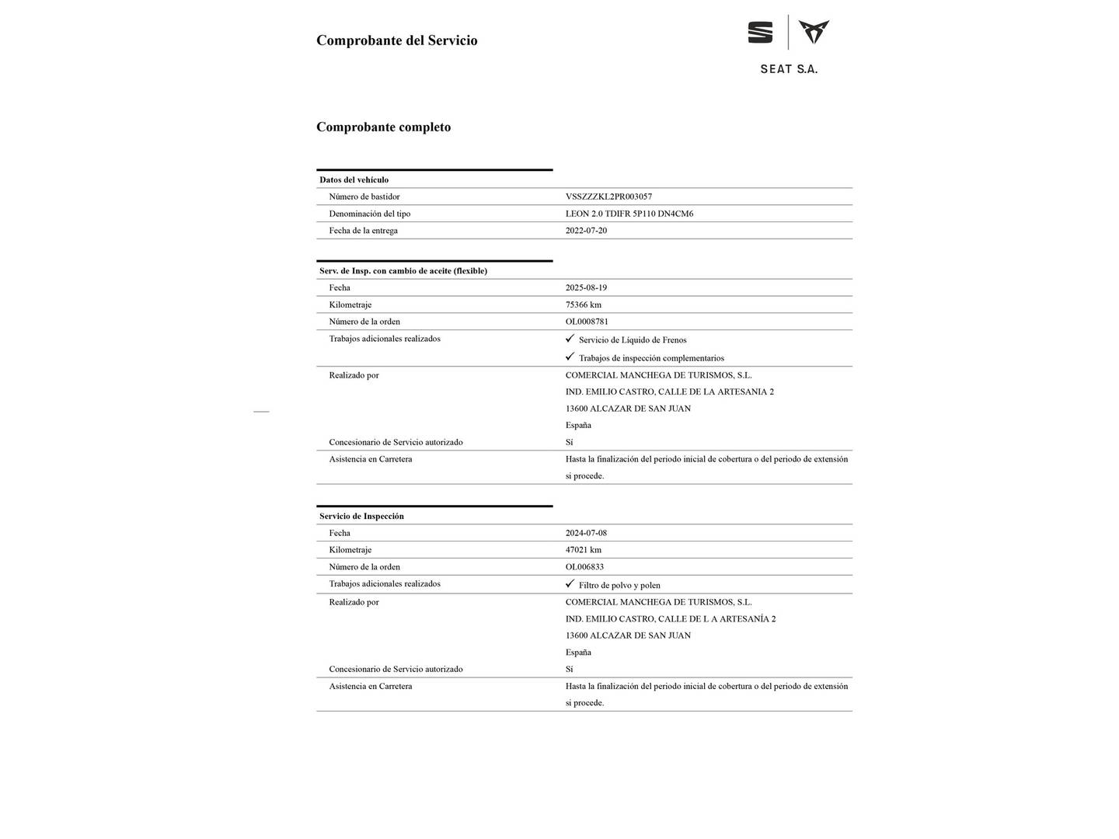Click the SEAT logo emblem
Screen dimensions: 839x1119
coord(760,33)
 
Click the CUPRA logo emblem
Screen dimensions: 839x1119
coord(814,33)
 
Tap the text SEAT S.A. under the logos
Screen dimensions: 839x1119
coord(789,69)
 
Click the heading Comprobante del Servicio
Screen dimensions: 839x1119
coord(396,40)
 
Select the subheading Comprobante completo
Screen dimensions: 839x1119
coord(383,127)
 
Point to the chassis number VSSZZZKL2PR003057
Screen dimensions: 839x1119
coord(608,197)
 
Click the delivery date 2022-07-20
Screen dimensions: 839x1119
coord(586,231)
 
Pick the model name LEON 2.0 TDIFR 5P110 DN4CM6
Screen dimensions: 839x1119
coord(629,214)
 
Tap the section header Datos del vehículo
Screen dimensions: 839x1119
coord(354,179)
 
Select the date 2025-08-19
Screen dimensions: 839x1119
coord(586,287)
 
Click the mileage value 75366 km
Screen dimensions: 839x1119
coord(583,305)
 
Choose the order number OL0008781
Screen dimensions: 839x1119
coord(587,322)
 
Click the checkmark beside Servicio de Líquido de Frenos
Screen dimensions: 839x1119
coord(570,339)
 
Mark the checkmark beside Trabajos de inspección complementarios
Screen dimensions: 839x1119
coord(570,357)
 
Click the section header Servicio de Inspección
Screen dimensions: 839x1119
coord(361,516)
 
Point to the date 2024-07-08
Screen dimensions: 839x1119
coord(586,533)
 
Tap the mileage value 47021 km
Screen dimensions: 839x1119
coord(583,550)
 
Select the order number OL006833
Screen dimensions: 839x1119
coord(584,567)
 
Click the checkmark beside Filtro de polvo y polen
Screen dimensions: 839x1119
coord(570,583)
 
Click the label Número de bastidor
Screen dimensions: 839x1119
coord(364,197)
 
